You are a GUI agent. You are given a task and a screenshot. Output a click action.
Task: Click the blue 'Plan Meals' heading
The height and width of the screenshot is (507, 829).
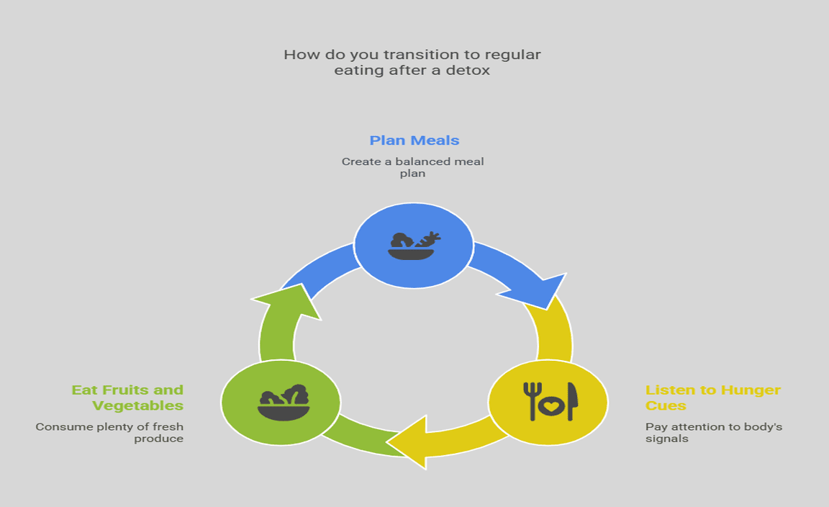click(x=414, y=140)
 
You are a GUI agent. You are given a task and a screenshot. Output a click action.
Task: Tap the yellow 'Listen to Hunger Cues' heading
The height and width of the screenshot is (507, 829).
click(x=712, y=397)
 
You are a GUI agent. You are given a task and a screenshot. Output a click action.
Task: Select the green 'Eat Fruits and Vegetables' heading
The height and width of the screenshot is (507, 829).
click(x=127, y=397)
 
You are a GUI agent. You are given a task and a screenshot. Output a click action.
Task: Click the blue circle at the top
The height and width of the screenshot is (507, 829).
click(x=414, y=246)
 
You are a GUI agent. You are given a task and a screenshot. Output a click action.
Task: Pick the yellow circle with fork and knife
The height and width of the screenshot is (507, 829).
click(x=548, y=401)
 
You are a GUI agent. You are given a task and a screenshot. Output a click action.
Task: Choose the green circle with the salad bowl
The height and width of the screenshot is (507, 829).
click(x=281, y=401)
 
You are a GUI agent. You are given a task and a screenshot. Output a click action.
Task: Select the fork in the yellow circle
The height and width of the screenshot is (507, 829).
click(x=531, y=400)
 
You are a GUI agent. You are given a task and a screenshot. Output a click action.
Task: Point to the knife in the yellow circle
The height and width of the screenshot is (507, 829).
click(x=572, y=400)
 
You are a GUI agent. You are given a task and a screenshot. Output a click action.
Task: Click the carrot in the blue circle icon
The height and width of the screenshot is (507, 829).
click(x=429, y=239)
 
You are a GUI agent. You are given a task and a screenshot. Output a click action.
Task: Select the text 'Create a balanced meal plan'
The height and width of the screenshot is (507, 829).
click(x=412, y=167)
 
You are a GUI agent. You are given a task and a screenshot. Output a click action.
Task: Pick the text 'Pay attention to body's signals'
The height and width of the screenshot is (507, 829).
click(x=713, y=432)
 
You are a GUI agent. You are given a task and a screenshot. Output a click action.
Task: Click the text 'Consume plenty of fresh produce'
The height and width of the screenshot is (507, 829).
click(x=110, y=432)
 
